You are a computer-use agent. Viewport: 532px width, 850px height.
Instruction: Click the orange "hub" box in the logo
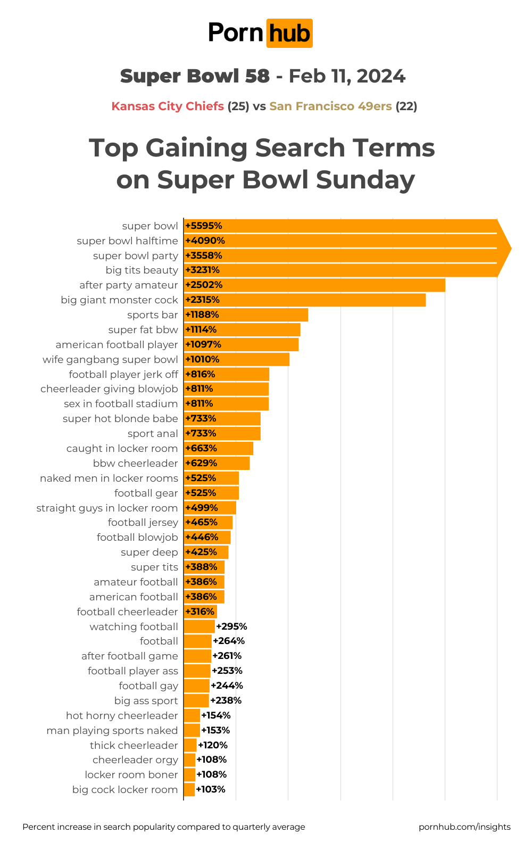289,34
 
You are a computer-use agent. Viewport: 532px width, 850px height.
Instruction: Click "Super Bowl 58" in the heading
195,76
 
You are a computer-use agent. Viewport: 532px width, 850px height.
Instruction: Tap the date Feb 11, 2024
347,76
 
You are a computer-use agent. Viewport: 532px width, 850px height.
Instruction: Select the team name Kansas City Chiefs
168,106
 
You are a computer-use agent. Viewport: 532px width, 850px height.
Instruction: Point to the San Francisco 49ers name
330,106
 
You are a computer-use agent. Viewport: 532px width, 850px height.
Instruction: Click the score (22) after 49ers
406,106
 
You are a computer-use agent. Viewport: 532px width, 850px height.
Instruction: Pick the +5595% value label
204,226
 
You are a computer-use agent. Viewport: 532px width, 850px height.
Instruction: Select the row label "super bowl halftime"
127,241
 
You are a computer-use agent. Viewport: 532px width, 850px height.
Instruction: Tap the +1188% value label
202,315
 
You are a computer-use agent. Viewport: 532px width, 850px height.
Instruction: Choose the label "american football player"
117,344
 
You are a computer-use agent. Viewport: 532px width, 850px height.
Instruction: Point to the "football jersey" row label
143,522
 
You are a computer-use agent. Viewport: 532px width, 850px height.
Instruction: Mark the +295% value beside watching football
231,626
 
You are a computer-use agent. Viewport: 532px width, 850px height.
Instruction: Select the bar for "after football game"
197,656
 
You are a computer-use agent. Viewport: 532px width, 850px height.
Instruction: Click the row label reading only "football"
159,641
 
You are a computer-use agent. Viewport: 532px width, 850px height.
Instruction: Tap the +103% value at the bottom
211,789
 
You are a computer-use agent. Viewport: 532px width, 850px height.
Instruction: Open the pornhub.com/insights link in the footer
464,827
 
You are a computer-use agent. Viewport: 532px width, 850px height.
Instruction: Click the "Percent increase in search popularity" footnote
164,827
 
